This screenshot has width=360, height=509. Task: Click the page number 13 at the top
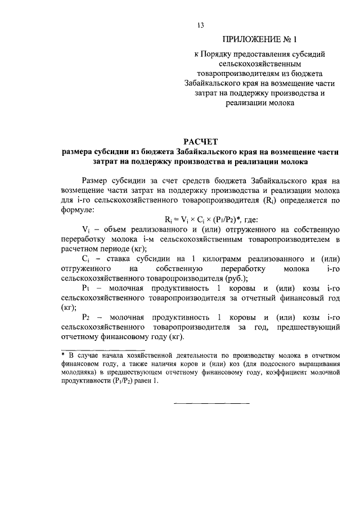point(200,25)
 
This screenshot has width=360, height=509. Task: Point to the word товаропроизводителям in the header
point(232,73)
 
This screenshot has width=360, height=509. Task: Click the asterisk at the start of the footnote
point(64,355)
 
